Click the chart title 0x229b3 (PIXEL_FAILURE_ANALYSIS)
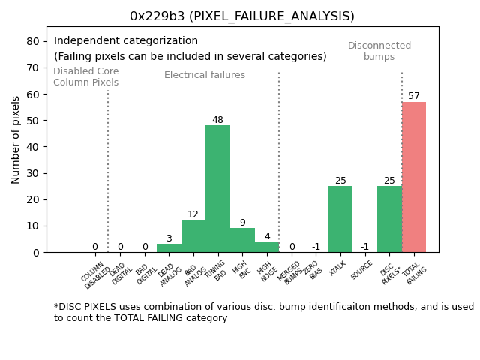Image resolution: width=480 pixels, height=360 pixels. pyautogui.click(x=242, y=16)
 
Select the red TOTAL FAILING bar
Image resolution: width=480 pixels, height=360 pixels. pyautogui.click(x=414, y=177)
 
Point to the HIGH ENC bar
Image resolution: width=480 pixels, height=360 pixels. pyautogui.click(x=242, y=240)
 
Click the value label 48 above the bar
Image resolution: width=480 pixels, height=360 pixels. pyautogui.click(x=217, y=120)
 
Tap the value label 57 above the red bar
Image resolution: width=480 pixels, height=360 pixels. pyautogui.click(x=414, y=96)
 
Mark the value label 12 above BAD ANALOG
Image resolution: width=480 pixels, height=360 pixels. pyautogui.click(x=193, y=214)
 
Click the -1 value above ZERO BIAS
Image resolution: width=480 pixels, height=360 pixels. pyautogui.click(x=316, y=247)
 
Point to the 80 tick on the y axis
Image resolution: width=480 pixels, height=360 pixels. pyautogui.click(x=34, y=41)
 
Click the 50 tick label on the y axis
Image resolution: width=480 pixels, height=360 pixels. pyautogui.click(x=34, y=120)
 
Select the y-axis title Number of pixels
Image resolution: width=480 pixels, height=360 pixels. pyautogui.click(x=16, y=139)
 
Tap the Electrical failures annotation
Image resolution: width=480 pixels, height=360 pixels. pyautogui.click(x=205, y=75)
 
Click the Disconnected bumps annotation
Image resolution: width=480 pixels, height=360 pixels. pyautogui.click(x=379, y=51)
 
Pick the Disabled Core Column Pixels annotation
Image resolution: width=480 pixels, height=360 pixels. pyautogui.click(x=85, y=76)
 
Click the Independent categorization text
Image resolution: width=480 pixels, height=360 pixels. pyautogui.click(x=126, y=41)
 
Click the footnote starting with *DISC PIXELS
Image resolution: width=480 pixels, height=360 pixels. pyautogui.click(x=263, y=312)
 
